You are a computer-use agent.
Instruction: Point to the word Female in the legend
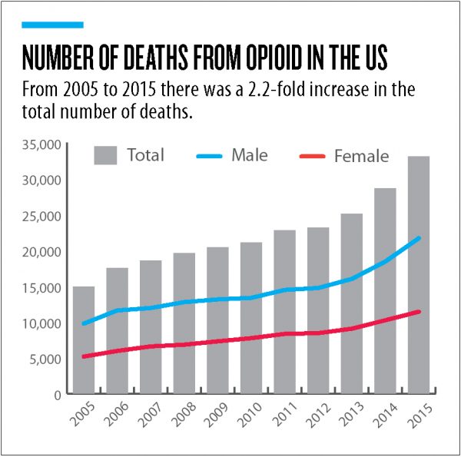point(361,156)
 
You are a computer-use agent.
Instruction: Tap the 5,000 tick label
point(45,359)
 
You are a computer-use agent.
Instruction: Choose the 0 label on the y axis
point(57,394)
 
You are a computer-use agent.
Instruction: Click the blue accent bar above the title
point(51,25)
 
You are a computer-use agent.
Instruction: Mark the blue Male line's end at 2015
point(419,237)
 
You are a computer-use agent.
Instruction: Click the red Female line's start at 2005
point(84,356)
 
